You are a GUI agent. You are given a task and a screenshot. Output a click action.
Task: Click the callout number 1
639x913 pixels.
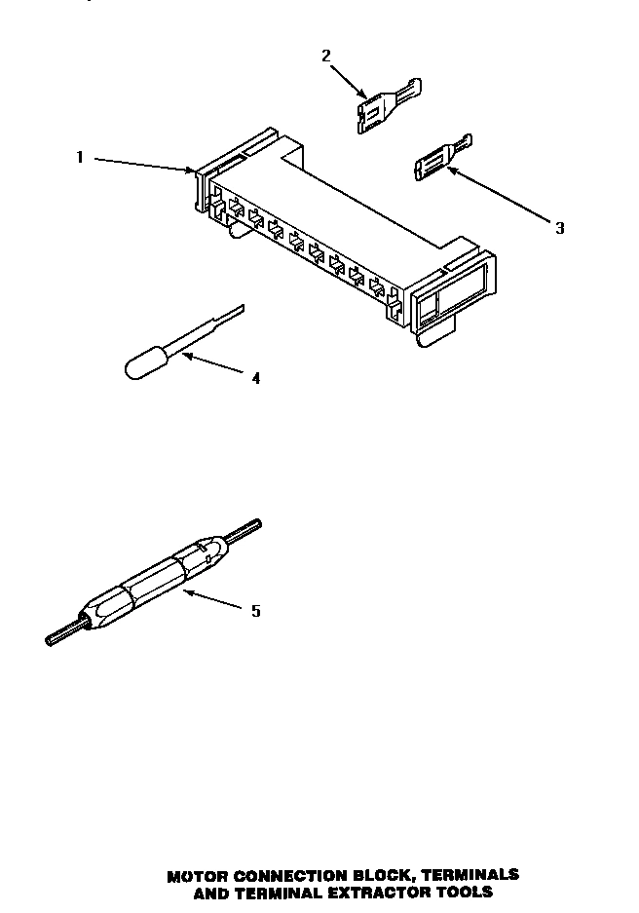tap(81, 156)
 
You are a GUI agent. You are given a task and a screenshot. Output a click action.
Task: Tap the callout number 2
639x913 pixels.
tap(326, 56)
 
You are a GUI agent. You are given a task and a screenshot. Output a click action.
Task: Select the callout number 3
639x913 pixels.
tap(559, 228)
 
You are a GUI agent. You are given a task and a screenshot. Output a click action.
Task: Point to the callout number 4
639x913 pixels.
tap(255, 378)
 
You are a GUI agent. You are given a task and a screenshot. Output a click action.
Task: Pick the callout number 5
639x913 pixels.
tap(255, 611)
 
